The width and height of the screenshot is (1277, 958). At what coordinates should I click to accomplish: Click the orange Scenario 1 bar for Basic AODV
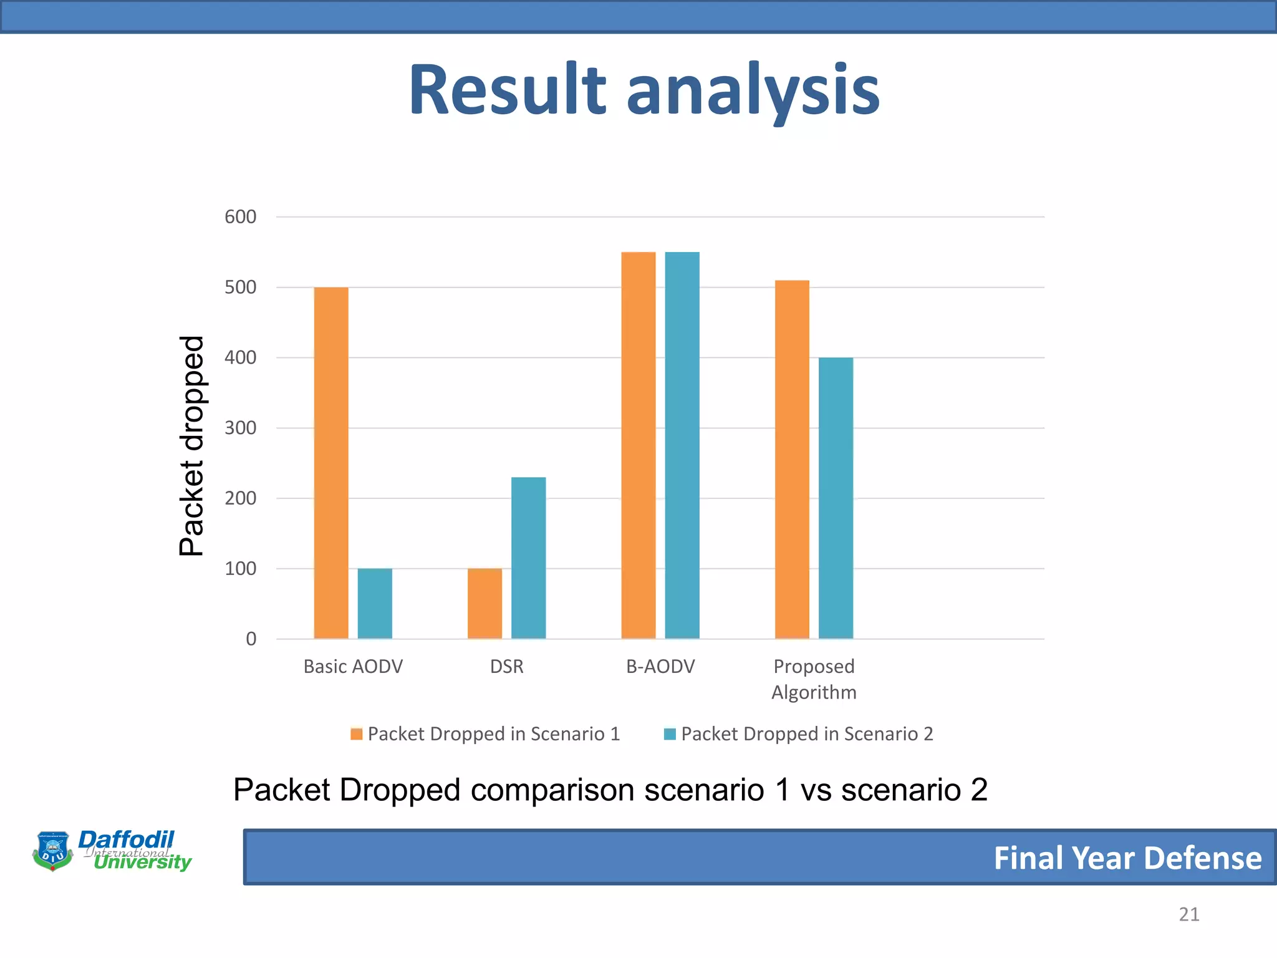pos(331,463)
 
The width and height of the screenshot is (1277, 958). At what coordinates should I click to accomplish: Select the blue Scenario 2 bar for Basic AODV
pos(375,603)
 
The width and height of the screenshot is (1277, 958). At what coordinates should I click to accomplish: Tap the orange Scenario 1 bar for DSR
pos(484,603)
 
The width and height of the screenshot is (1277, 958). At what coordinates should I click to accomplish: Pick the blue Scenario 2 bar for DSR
pos(528,558)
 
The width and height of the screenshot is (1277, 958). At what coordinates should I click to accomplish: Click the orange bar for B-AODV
pos(638,445)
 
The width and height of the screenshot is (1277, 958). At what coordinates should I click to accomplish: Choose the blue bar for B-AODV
pos(682,445)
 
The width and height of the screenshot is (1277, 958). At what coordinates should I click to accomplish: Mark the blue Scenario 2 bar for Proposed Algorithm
pos(836,498)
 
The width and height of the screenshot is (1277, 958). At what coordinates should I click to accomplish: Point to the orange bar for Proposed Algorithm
pos(792,460)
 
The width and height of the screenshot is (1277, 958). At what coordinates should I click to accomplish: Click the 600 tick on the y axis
pos(240,217)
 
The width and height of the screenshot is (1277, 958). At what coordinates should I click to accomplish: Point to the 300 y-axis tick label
pos(240,428)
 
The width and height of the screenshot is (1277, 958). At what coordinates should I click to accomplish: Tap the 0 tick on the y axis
pos(251,639)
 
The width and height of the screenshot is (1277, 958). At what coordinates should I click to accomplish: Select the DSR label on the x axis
pos(506,667)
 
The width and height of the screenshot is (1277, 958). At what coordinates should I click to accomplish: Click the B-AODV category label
pos(660,667)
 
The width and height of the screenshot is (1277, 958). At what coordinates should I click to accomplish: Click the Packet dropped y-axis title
pos(191,445)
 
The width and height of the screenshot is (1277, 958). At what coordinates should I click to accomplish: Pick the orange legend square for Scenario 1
pos(356,734)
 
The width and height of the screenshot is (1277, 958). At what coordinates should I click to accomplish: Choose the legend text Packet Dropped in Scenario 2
pos(807,734)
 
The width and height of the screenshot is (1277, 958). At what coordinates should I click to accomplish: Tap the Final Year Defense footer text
pos(1127,858)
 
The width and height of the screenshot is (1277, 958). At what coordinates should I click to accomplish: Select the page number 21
pos(1188,914)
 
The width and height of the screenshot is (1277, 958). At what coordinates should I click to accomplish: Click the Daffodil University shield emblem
pos(53,850)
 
